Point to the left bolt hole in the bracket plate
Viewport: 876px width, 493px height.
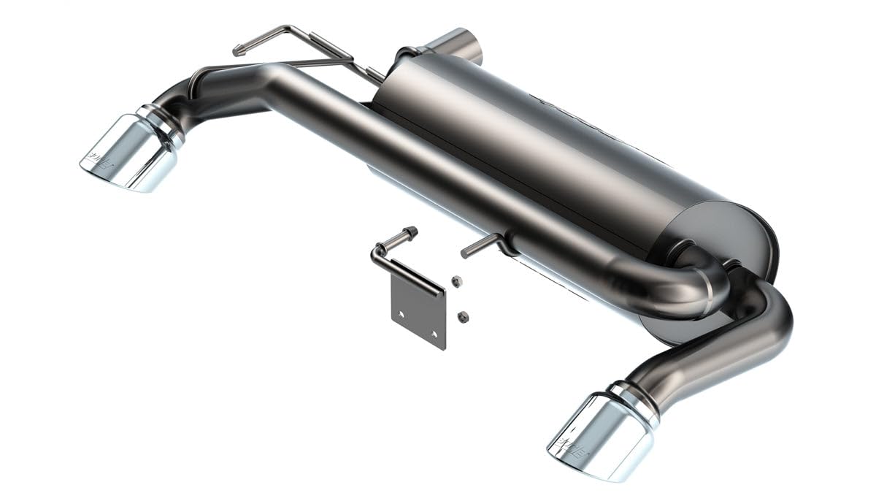[x=401, y=315]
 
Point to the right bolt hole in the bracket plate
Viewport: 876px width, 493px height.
[x=434, y=334]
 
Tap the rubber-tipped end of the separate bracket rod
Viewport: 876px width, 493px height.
[x=410, y=233]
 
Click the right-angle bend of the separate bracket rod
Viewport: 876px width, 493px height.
[x=377, y=253]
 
